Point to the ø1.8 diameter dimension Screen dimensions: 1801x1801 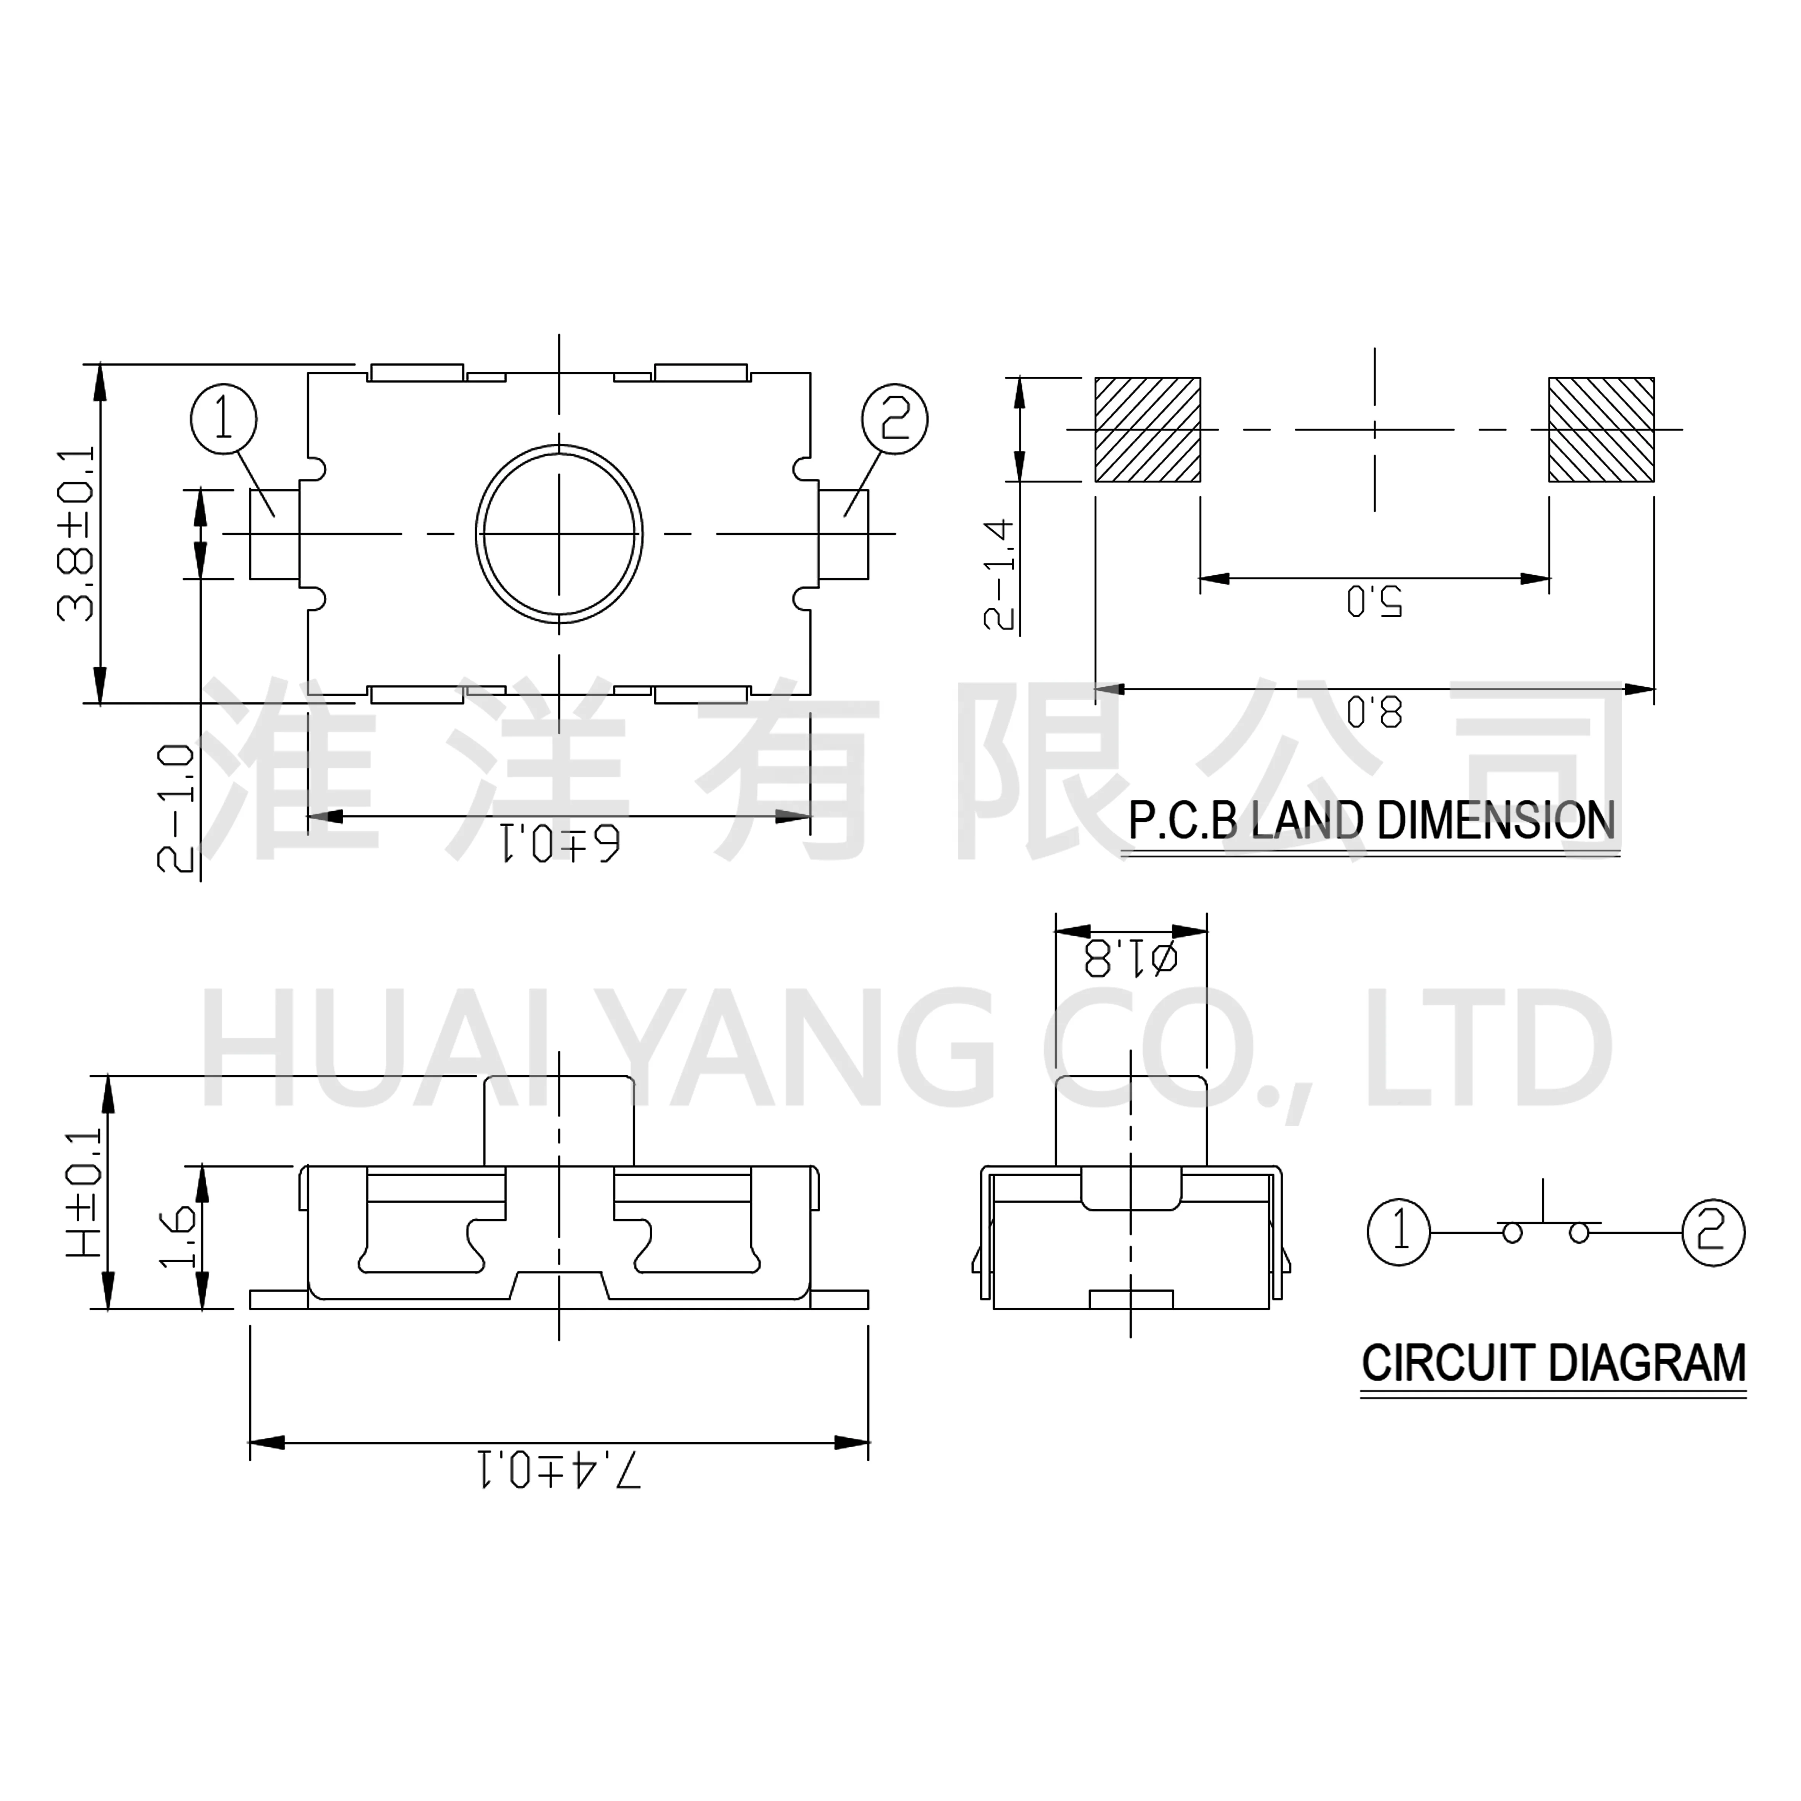(x=1130, y=958)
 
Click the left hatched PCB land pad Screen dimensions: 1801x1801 (x=1148, y=430)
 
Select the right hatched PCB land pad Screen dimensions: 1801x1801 (x=1602, y=430)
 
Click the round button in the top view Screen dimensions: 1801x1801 (x=559, y=534)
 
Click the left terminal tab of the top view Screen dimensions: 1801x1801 (x=274, y=534)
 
